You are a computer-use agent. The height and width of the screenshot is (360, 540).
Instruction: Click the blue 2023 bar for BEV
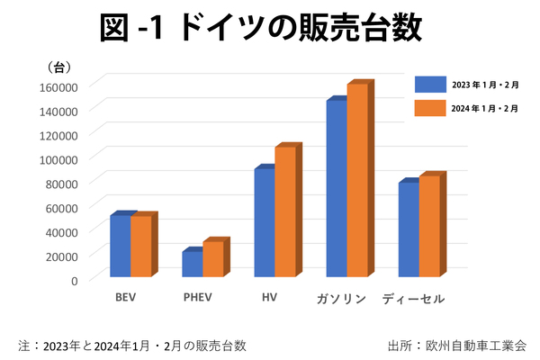tap(120, 246)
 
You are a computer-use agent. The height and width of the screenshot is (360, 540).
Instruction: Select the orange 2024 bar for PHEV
tap(212, 259)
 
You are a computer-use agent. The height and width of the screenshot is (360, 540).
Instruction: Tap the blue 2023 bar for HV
tap(264, 222)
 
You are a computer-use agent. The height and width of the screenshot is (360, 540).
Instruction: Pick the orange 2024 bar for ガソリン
tap(357, 180)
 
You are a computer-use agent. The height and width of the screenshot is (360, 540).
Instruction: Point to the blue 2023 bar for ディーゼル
tap(408, 229)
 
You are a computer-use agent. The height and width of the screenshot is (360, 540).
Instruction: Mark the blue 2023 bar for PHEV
tap(192, 264)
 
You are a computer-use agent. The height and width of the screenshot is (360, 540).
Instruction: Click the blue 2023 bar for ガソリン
tap(336, 188)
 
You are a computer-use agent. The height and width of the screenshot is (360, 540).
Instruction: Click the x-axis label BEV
tap(126, 297)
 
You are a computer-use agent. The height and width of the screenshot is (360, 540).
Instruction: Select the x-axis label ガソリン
tap(341, 298)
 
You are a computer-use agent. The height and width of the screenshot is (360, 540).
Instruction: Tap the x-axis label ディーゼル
tap(413, 298)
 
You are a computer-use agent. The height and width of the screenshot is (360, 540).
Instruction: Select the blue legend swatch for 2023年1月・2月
tap(430, 84)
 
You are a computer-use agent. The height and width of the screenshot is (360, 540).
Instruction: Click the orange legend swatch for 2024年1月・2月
tap(430, 108)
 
